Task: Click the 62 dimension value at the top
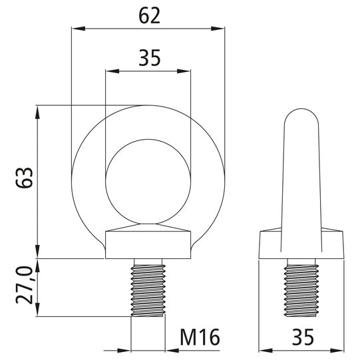click(x=150, y=15)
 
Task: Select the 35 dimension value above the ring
click(x=149, y=59)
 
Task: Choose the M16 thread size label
click(x=199, y=337)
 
